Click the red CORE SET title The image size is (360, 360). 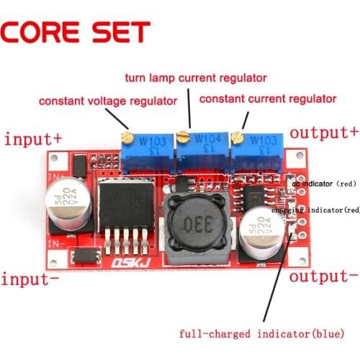pyautogui.click(x=75, y=31)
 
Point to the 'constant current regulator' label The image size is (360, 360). pyautogui.click(x=267, y=98)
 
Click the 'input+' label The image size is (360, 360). pyautogui.click(x=33, y=138)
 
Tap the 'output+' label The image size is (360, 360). pyautogui.click(x=323, y=133)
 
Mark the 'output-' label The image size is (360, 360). pyautogui.click(x=323, y=276)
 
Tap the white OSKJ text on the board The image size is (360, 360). pyautogui.click(x=129, y=265)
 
